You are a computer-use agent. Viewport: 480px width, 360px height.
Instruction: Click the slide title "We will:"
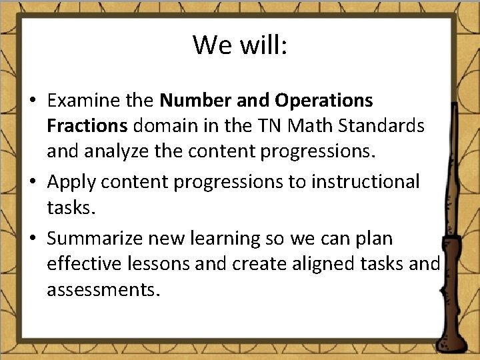pos(240,45)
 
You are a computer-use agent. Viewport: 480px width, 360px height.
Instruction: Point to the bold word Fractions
pos(87,126)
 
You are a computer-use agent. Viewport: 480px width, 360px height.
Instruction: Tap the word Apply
pos(71,181)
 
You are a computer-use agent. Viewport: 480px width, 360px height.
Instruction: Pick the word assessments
pos(104,291)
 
